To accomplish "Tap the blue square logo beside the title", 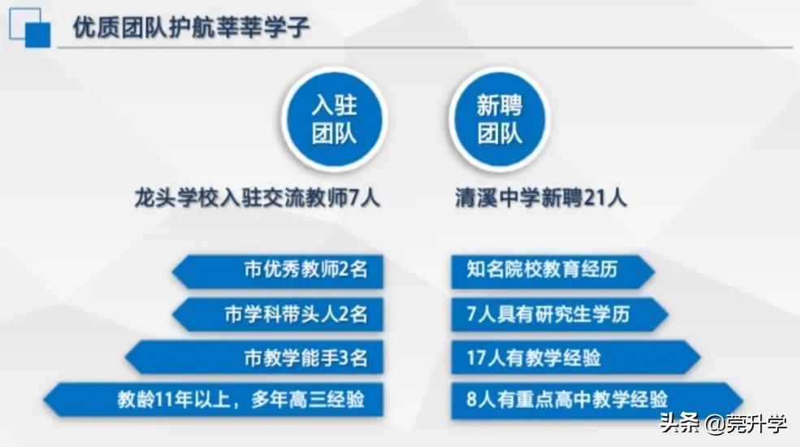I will click(x=30, y=27).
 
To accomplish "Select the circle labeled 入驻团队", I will click(x=334, y=119).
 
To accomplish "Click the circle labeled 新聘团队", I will click(x=499, y=119).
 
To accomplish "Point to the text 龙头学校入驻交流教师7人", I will click(x=257, y=198).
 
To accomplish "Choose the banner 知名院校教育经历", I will click(x=553, y=270).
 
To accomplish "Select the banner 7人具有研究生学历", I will click(x=560, y=314).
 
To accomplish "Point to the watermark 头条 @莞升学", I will click(x=722, y=423).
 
